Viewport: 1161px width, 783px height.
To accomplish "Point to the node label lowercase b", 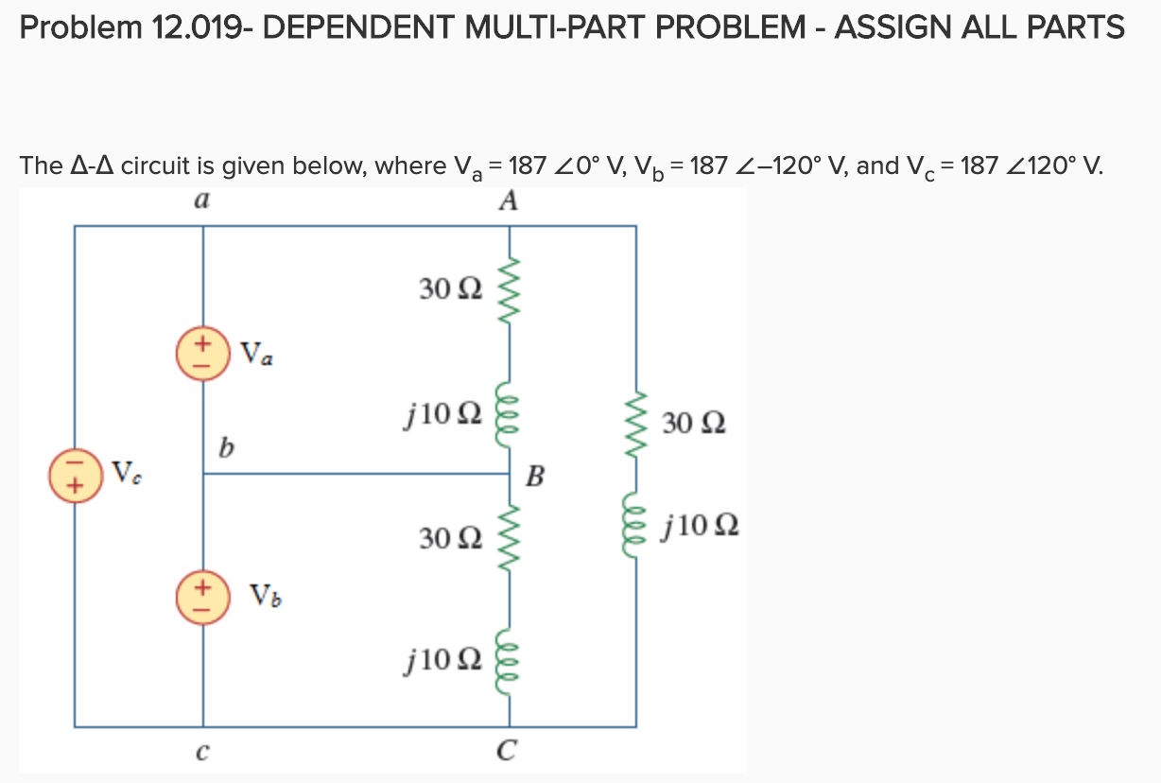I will tap(224, 444).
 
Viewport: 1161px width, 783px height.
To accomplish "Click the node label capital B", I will tap(534, 475).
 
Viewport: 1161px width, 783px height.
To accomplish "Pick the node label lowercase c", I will tap(201, 753).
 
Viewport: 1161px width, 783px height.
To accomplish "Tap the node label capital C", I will tap(509, 753).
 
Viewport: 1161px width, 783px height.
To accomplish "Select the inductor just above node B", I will tap(511, 412).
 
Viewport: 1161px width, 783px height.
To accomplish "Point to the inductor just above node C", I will tap(511, 656).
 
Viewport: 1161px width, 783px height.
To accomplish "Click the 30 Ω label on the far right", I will tap(693, 422).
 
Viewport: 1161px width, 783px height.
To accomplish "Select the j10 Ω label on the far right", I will tap(701, 524).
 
